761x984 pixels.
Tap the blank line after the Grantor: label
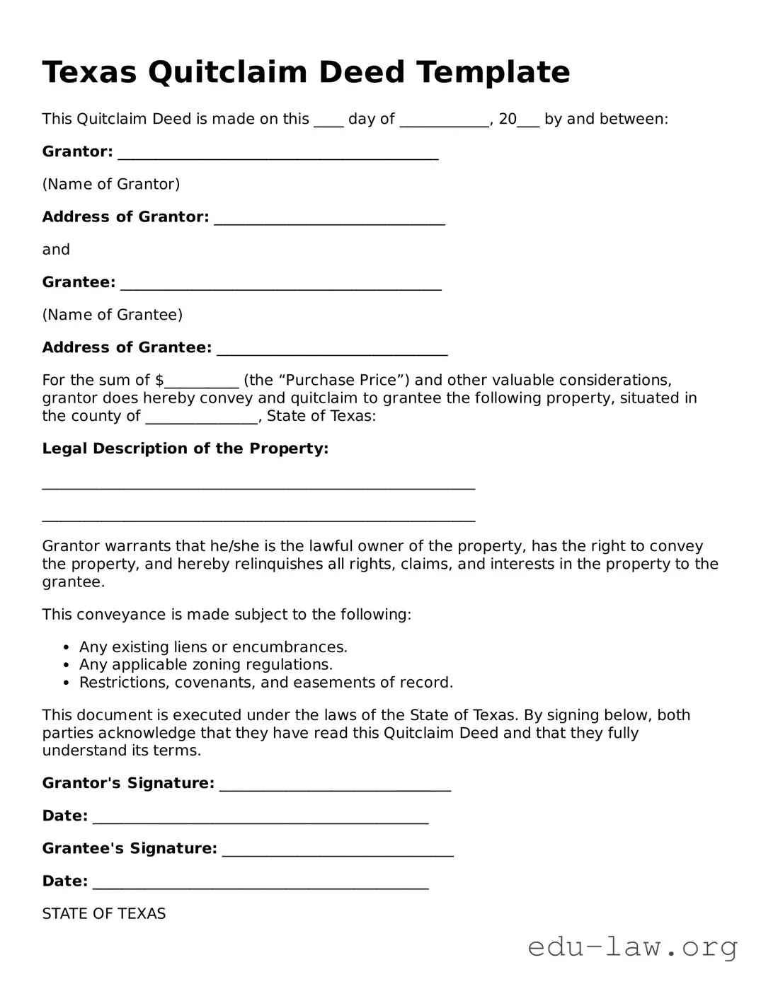tap(277, 154)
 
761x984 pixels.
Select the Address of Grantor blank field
tap(329, 219)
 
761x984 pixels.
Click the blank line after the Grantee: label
tap(280, 284)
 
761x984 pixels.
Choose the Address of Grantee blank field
tap(332, 349)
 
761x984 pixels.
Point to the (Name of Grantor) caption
tap(111, 185)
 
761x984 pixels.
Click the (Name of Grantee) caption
tap(113, 315)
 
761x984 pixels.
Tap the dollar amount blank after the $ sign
tap(201, 382)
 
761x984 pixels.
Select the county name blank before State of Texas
tap(202, 417)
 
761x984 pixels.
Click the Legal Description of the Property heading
tap(185, 448)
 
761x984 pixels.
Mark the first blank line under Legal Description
tap(258, 487)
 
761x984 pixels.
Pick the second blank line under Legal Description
tap(258, 519)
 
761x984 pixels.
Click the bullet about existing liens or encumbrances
tap(213, 647)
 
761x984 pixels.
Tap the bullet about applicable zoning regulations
tap(205, 665)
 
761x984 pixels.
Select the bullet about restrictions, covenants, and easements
tap(265, 683)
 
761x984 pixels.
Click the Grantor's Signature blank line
tap(335, 785)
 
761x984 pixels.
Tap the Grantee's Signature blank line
tap(338, 850)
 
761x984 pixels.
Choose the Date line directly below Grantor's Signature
tap(260, 817)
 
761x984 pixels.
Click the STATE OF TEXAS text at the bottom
tap(104, 914)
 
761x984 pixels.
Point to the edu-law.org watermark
tap(632, 947)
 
